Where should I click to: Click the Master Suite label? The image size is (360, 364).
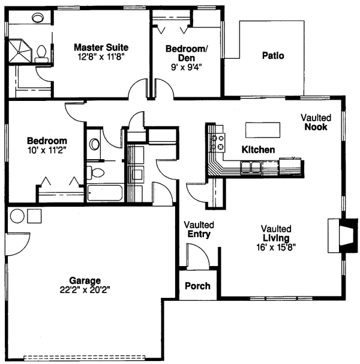point(101,47)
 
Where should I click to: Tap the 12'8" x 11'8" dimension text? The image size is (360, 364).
point(101,57)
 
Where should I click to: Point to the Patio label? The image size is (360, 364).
point(273,56)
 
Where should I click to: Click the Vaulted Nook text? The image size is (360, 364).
point(315,123)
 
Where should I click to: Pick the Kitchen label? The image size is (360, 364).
point(258,149)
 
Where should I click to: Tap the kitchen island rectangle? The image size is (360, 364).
point(263,130)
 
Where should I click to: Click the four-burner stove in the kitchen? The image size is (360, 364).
point(217,142)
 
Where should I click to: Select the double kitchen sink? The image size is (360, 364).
point(251,167)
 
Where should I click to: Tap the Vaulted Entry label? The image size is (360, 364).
point(199,229)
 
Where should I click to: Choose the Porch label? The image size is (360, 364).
point(197,285)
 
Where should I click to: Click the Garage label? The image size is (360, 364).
point(85,280)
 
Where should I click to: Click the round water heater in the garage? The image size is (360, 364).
point(17,216)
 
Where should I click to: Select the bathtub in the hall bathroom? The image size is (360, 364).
point(106,193)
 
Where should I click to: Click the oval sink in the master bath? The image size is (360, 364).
point(37,17)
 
